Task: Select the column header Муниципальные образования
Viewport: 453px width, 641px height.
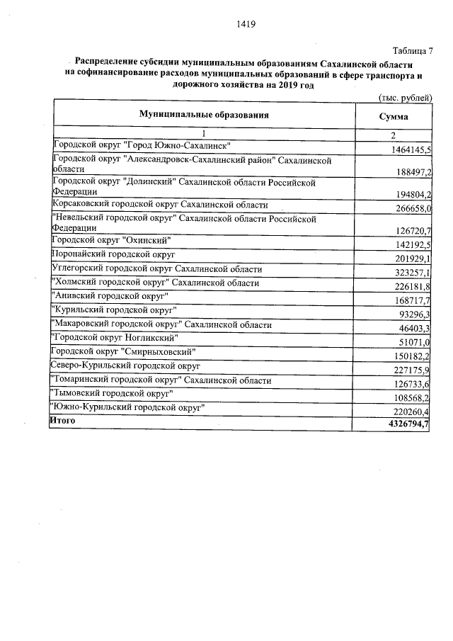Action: tap(204, 115)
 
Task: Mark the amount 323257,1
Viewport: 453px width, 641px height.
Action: tap(413, 272)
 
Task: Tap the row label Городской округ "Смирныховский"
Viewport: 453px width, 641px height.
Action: tap(124, 351)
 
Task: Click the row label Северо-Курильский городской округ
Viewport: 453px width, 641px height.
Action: tap(126, 365)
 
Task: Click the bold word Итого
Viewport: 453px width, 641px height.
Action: tap(62, 421)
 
